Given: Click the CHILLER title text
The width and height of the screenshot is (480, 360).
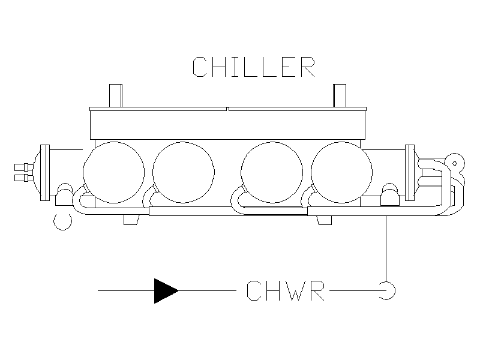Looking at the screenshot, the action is tap(254, 67).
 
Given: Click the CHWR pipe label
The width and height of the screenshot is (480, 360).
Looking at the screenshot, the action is tap(286, 290).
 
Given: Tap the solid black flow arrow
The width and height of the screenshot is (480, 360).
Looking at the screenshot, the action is tap(166, 291).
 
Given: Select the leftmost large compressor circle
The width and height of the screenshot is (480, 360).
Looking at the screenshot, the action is tap(113, 172).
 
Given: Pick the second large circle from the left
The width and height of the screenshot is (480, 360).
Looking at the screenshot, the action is tap(184, 172).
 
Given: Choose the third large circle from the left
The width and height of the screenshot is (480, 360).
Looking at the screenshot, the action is tap(272, 172).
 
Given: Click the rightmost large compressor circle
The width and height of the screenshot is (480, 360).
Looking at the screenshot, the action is tap(341, 172).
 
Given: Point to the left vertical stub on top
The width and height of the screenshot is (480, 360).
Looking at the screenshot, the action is tap(116, 95).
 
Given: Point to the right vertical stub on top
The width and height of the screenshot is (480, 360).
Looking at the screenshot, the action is tap(340, 95).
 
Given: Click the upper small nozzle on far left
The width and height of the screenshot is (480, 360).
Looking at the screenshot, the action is tap(24, 167).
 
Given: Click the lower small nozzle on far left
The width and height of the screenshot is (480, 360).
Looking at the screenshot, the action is tap(24, 178).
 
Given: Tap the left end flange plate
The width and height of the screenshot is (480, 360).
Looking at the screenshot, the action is tap(45, 173).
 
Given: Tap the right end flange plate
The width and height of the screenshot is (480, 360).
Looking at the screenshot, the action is tap(410, 173).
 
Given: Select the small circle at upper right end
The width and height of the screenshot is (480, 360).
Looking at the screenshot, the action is tap(455, 163).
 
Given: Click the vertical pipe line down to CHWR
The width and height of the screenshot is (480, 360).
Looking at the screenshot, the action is tap(386, 248).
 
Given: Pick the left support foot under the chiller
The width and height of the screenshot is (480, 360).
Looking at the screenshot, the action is tap(131, 220).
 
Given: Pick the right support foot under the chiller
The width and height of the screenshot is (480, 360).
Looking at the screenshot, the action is tap(324, 220).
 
